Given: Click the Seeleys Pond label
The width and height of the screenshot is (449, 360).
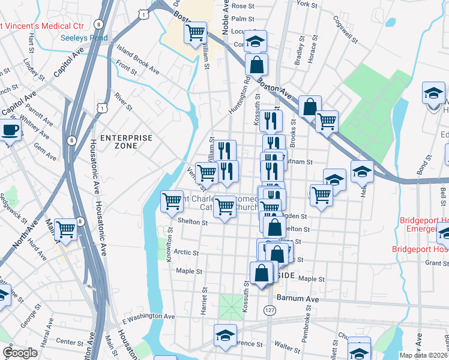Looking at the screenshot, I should click(x=84, y=38).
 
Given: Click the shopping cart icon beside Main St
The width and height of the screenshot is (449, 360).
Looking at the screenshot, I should click(x=66, y=229).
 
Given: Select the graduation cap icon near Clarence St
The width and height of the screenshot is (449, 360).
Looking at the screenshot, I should click(x=225, y=335).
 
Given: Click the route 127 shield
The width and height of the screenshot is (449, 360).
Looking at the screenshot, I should click(x=268, y=309).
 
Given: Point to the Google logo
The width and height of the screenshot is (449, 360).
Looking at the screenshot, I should click(x=20, y=353).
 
